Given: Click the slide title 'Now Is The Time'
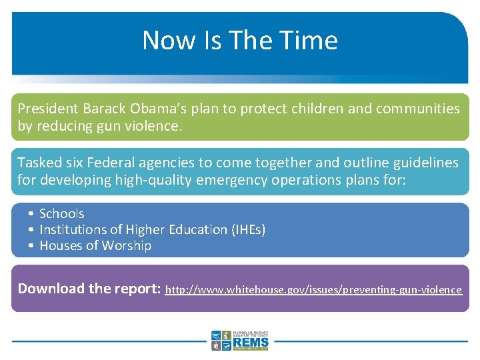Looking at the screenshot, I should pyautogui.click(x=240, y=40).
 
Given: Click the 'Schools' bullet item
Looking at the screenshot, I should pyautogui.click(x=61, y=213).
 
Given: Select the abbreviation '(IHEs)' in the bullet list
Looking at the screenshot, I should pyautogui.click(x=248, y=229).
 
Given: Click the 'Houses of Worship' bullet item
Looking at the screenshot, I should pyautogui.click(x=95, y=245).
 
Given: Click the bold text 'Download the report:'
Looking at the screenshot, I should pyautogui.click(x=89, y=289).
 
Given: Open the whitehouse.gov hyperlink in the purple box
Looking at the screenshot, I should pyautogui.click(x=313, y=290).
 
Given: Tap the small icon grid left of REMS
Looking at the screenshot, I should pyautogui.click(x=221, y=341).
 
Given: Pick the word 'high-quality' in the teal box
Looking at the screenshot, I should pyautogui.click(x=155, y=180).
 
